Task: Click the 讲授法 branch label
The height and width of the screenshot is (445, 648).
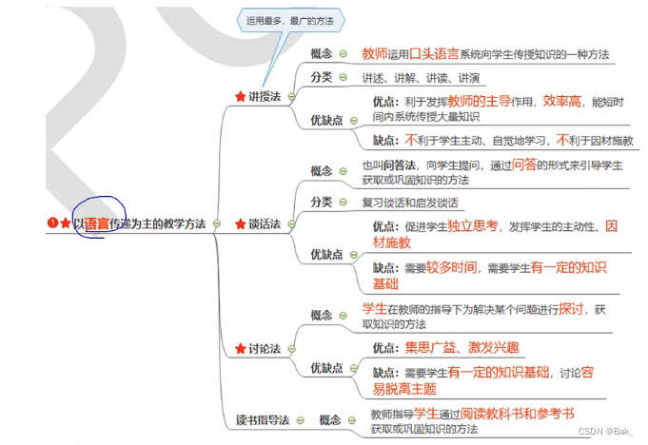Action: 265,96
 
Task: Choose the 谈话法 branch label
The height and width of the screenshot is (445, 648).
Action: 265,224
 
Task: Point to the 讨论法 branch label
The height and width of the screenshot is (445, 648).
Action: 265,349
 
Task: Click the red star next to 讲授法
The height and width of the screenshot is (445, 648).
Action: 240,96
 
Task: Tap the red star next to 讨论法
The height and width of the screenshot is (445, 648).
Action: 240,349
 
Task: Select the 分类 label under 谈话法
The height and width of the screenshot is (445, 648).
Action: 321,202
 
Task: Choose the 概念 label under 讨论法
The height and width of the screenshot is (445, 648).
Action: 321,316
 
